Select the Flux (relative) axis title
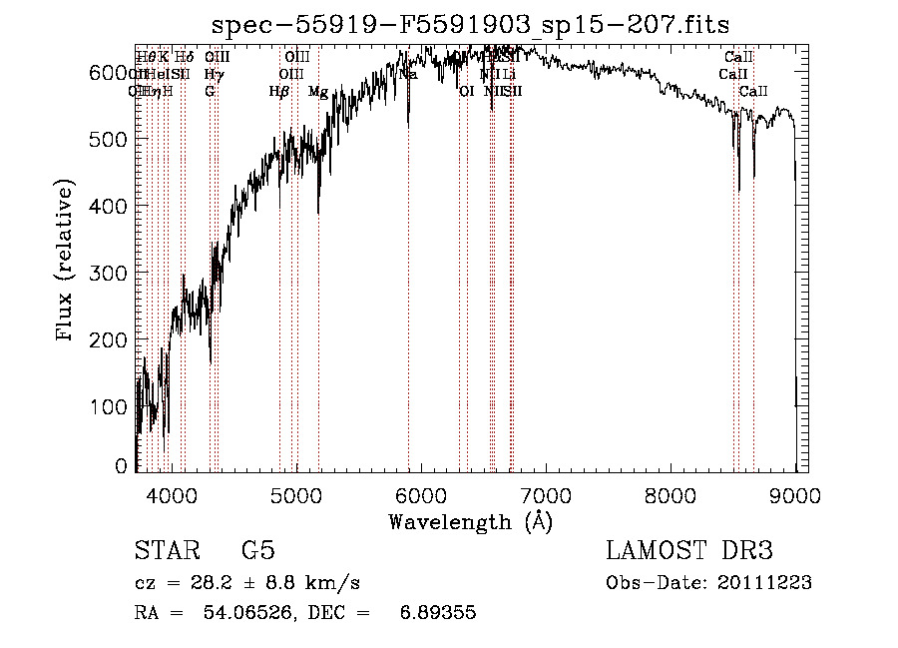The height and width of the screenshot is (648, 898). [66, 262]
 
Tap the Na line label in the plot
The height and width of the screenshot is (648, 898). [408, 74]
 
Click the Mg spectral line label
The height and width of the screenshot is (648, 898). [318, 92]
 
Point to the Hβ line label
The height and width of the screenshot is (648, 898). [279, 92]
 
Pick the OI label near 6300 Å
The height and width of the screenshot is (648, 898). [465, 92]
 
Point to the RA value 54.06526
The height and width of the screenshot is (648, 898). [246, 613]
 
